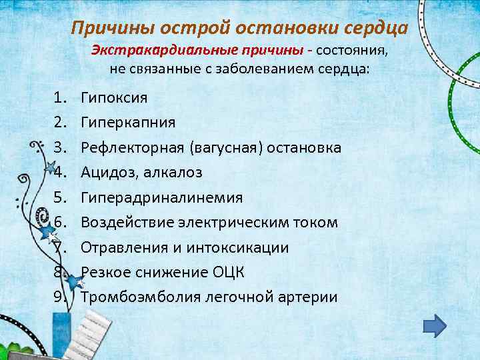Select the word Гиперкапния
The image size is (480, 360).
(128, 123)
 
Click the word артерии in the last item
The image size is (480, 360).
(307, 298)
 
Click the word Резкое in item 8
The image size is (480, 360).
(107, 273)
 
